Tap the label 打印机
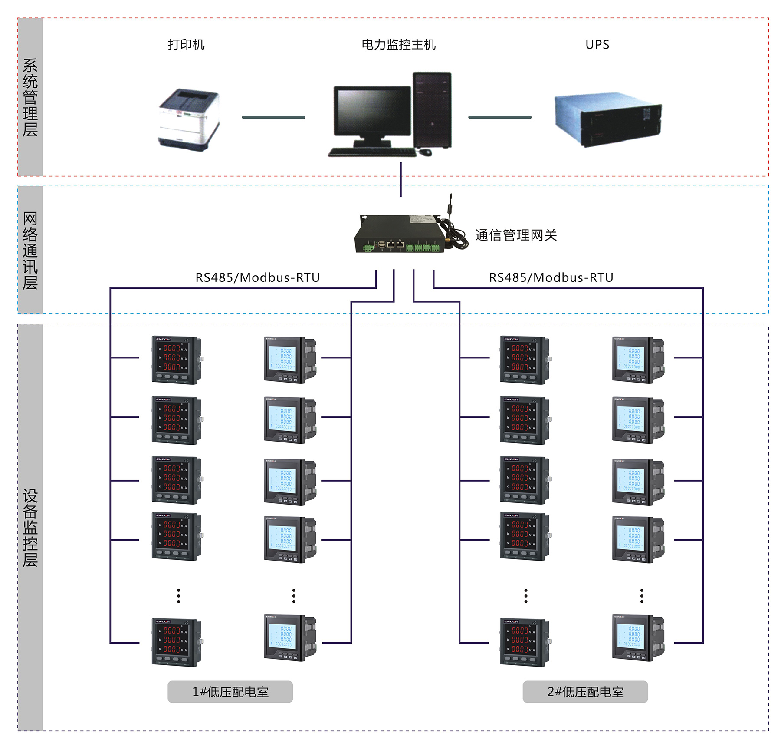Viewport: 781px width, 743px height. point(186,45)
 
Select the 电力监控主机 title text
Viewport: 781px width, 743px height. point(398,45)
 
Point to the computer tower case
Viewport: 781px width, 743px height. point(432,110)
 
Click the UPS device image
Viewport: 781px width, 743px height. point(607,119)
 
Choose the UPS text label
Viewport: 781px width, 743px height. point(597,45)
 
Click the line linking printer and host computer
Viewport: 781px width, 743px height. point(273,117)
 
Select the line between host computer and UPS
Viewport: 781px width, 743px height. point(499,117)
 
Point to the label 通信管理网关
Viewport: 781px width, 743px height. point(515,235)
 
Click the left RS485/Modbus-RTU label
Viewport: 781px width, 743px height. point(257,277)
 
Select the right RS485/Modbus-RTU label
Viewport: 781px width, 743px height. point(551,277)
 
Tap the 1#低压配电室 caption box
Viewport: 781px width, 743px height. point(230,692)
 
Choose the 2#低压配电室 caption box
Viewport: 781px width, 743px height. point(585,692)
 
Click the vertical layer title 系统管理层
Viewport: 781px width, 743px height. point(30,97)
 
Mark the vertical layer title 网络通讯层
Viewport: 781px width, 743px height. point(30,251)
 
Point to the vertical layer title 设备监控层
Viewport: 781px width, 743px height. point(30,528)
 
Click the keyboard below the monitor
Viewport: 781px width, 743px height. point(371,152)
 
